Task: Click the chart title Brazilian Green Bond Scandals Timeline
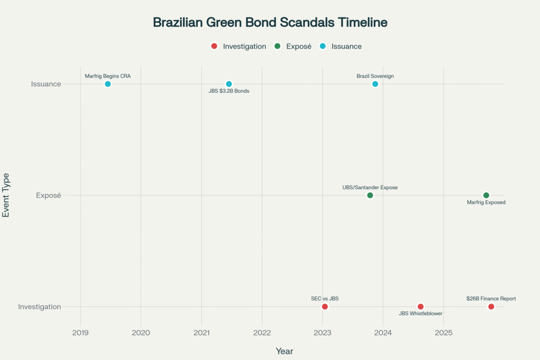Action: (270, 23)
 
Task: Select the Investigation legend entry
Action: (238, 46)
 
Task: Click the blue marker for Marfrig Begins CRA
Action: (108, 84)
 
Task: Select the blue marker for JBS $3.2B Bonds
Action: (229, 84)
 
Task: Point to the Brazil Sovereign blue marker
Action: (375, 84)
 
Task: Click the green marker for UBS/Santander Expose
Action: (370, 196)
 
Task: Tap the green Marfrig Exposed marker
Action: (486, 196)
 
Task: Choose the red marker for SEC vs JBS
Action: (325, 307)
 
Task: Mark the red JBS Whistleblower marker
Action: (420, 307)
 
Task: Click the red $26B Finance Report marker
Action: (491, 307)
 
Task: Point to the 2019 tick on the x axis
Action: (80, 333)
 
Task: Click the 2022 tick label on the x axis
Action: (262, 333)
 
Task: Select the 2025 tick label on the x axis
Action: (443, 333)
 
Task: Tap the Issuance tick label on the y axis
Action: (46, 84)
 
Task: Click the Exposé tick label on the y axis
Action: (49, 196)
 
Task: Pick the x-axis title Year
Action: (284, 351)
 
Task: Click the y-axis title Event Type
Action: (6, 195)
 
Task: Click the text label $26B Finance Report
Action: (491, 299)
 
